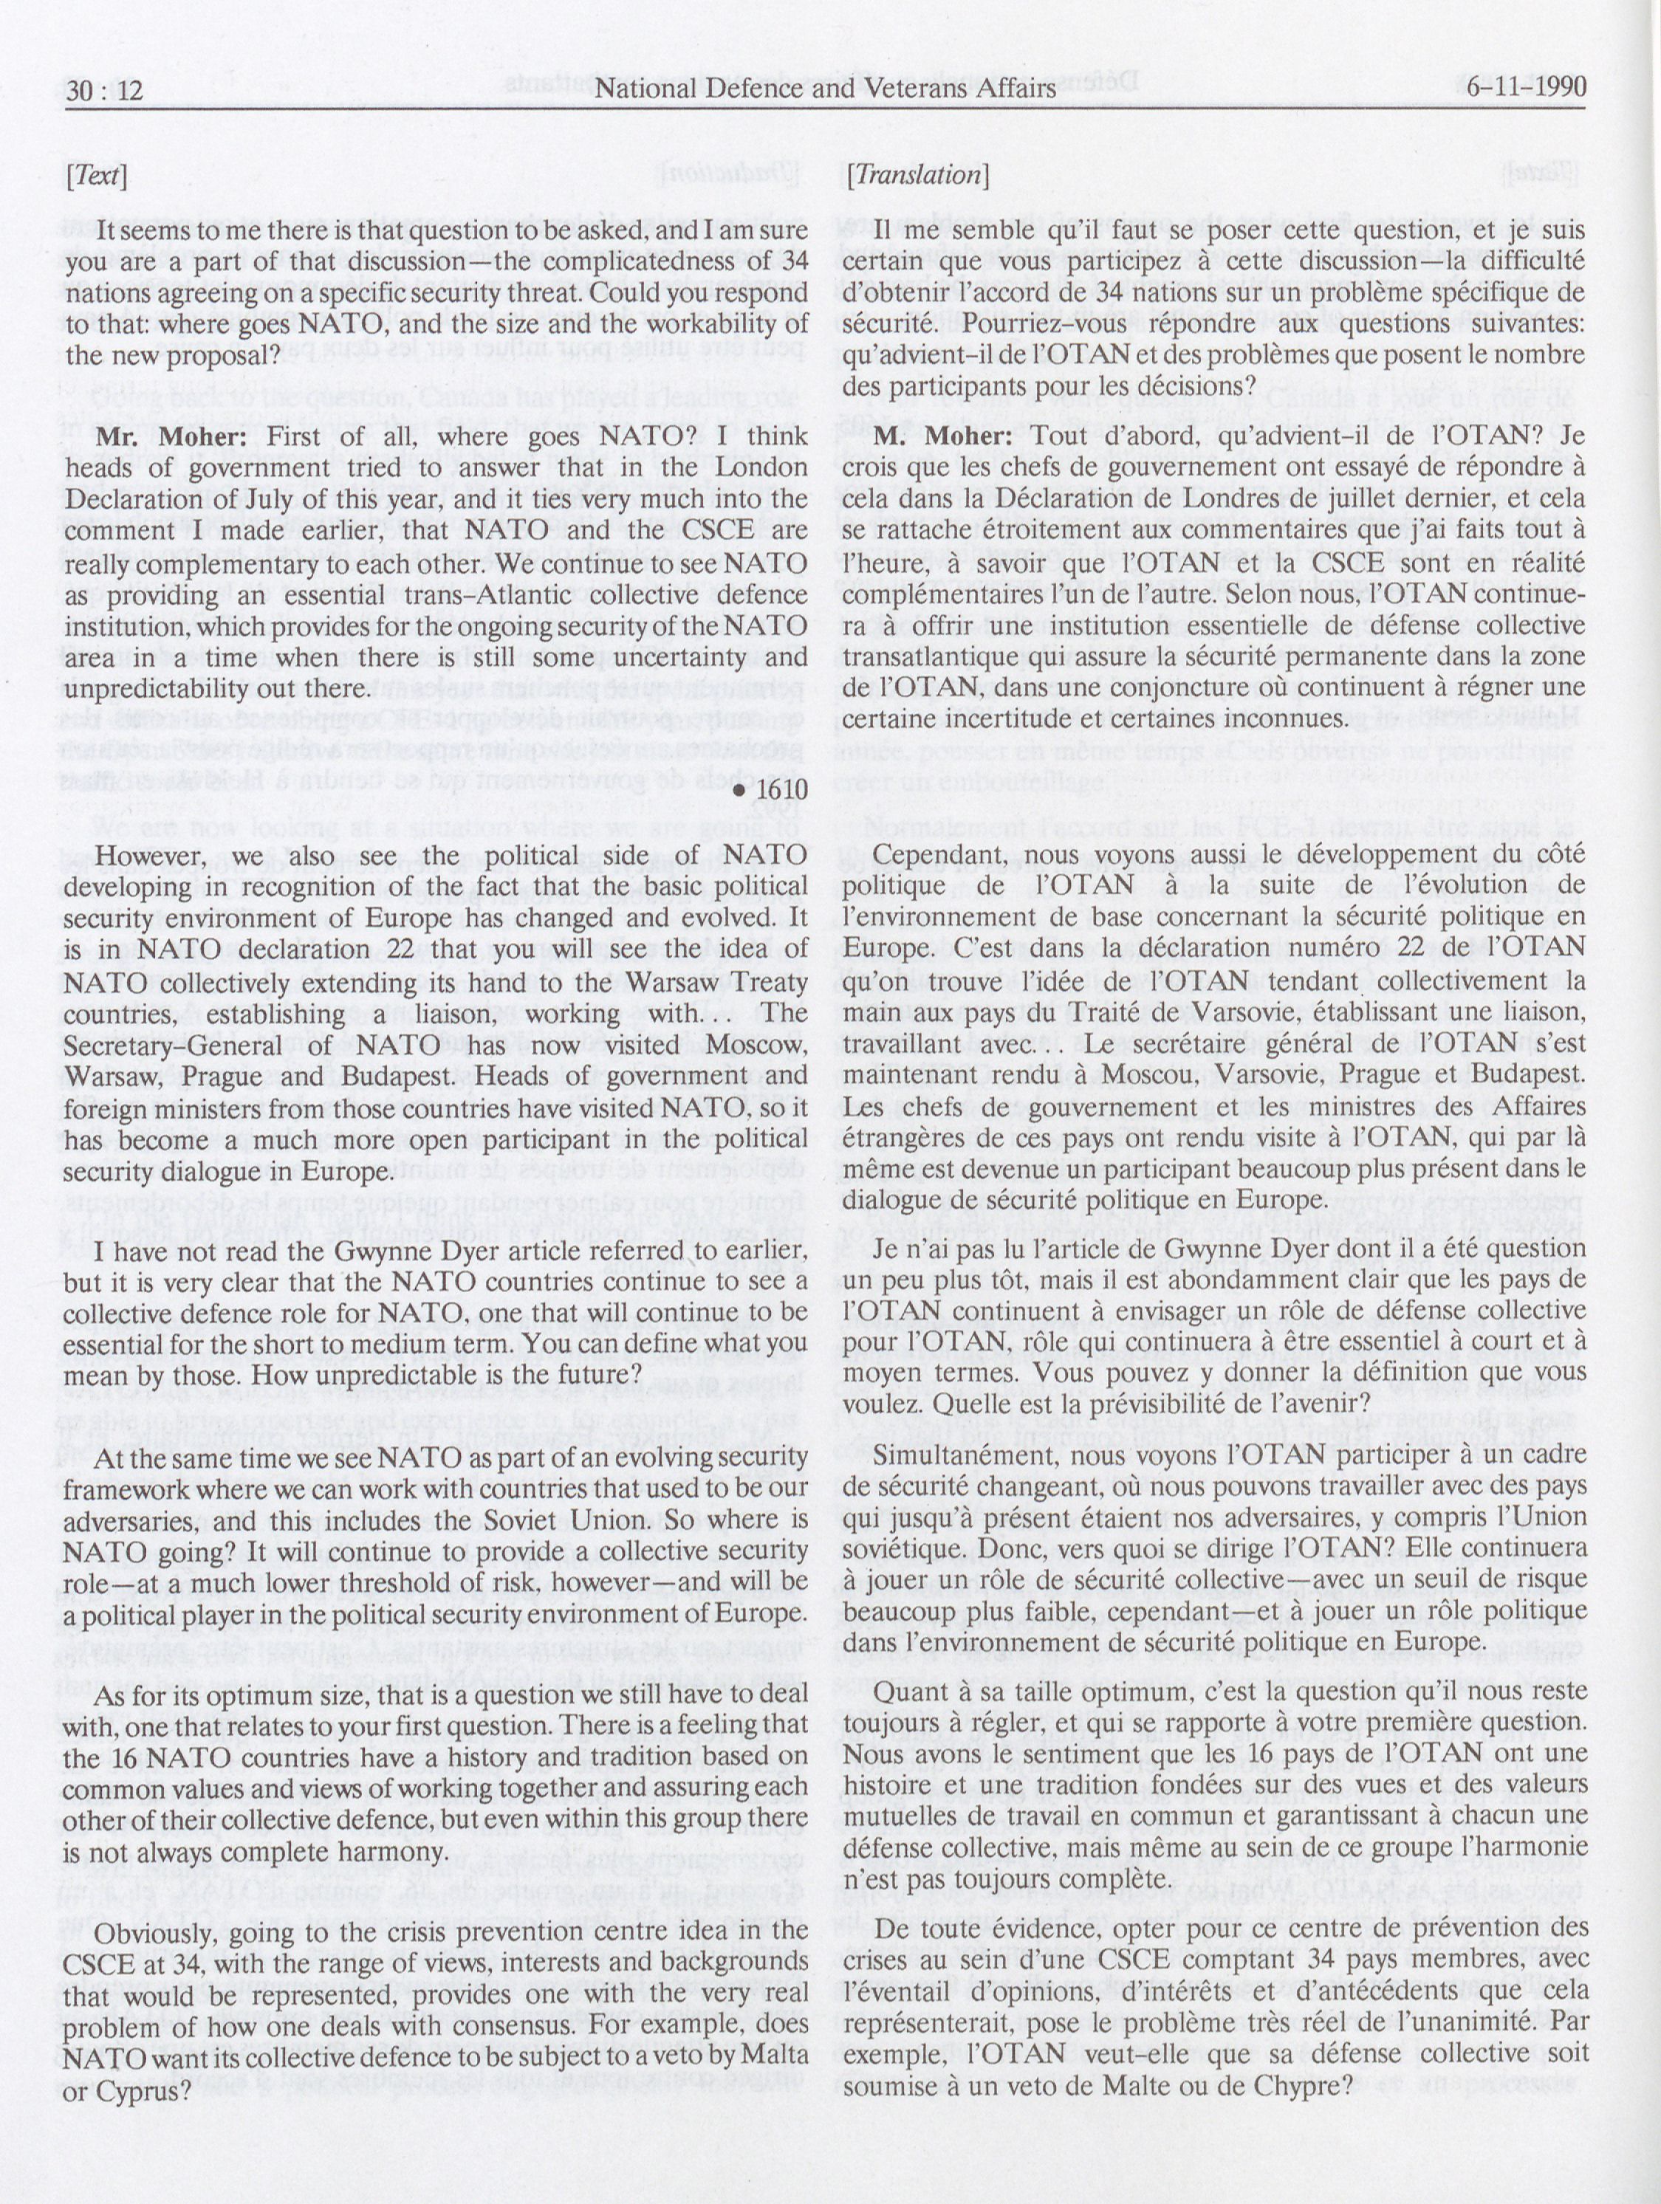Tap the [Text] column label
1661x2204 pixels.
click(96, 176)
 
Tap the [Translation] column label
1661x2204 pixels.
click(916, 176)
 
